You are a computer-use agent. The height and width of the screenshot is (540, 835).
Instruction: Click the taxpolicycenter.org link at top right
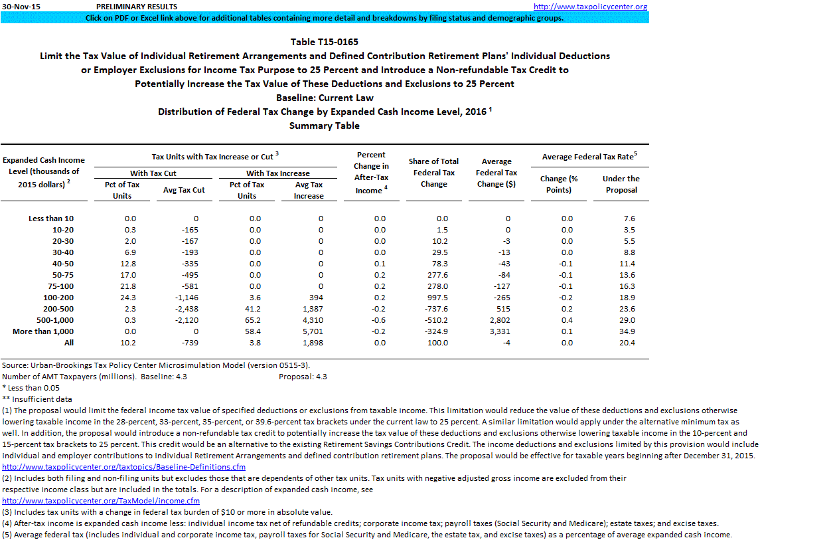(590, 7)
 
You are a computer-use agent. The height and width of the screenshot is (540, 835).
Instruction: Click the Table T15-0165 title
(325, 42)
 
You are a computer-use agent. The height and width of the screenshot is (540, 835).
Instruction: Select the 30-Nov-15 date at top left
(19, 7)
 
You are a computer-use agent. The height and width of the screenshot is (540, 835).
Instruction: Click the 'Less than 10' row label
(51, 219)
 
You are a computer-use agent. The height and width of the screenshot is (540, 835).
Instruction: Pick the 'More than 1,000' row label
(43, 331)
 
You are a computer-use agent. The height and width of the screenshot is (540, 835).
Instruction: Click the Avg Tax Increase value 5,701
(310, 331)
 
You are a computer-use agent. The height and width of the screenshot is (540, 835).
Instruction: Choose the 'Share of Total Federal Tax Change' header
(433, 173)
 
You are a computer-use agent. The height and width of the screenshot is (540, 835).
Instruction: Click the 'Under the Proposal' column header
(621, 184)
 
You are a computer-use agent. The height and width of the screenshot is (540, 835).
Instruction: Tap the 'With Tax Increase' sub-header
(277, 173)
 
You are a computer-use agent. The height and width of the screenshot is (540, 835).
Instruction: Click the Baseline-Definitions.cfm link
(123, 467)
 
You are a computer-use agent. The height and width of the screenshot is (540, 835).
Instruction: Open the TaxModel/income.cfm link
(101, 501)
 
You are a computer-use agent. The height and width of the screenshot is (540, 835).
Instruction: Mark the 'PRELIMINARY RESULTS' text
(136, 7)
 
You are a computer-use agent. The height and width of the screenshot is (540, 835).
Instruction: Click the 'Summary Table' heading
(325, 126)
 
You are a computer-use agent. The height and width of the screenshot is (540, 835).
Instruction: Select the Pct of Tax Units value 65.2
(255, 320)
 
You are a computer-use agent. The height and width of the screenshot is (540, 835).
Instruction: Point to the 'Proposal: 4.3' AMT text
(303, 377)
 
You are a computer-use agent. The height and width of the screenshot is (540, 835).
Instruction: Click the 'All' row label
(69, 343)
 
